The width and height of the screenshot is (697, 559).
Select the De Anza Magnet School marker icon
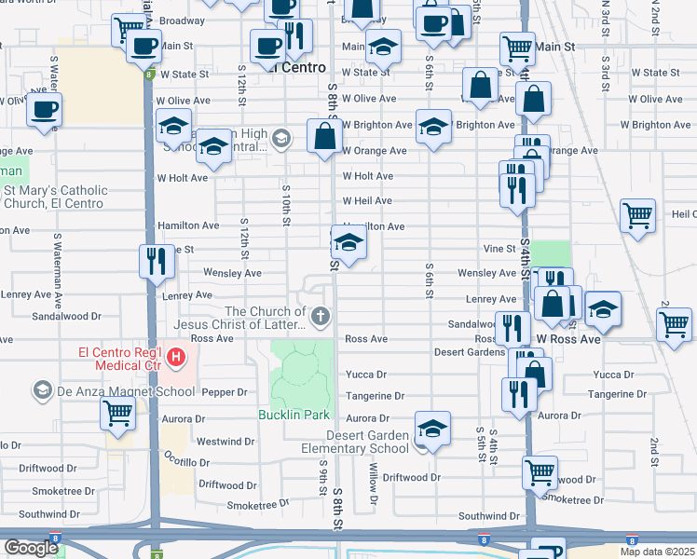pos(41,389)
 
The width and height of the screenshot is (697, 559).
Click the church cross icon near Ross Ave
pos(321,318)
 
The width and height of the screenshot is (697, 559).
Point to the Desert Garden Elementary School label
pos(367,442)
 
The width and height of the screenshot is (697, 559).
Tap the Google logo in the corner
pos(32,548)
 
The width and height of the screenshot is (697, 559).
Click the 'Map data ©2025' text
pos(657,552)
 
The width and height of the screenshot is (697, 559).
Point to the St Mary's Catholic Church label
pos(56,197)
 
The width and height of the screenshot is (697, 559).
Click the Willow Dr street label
pos(374,484)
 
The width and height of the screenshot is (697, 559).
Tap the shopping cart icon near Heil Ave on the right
pos(638,216)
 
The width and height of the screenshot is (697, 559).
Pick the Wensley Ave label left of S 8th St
pos(232,273)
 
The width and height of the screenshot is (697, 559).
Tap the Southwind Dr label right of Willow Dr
pos(488,515)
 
